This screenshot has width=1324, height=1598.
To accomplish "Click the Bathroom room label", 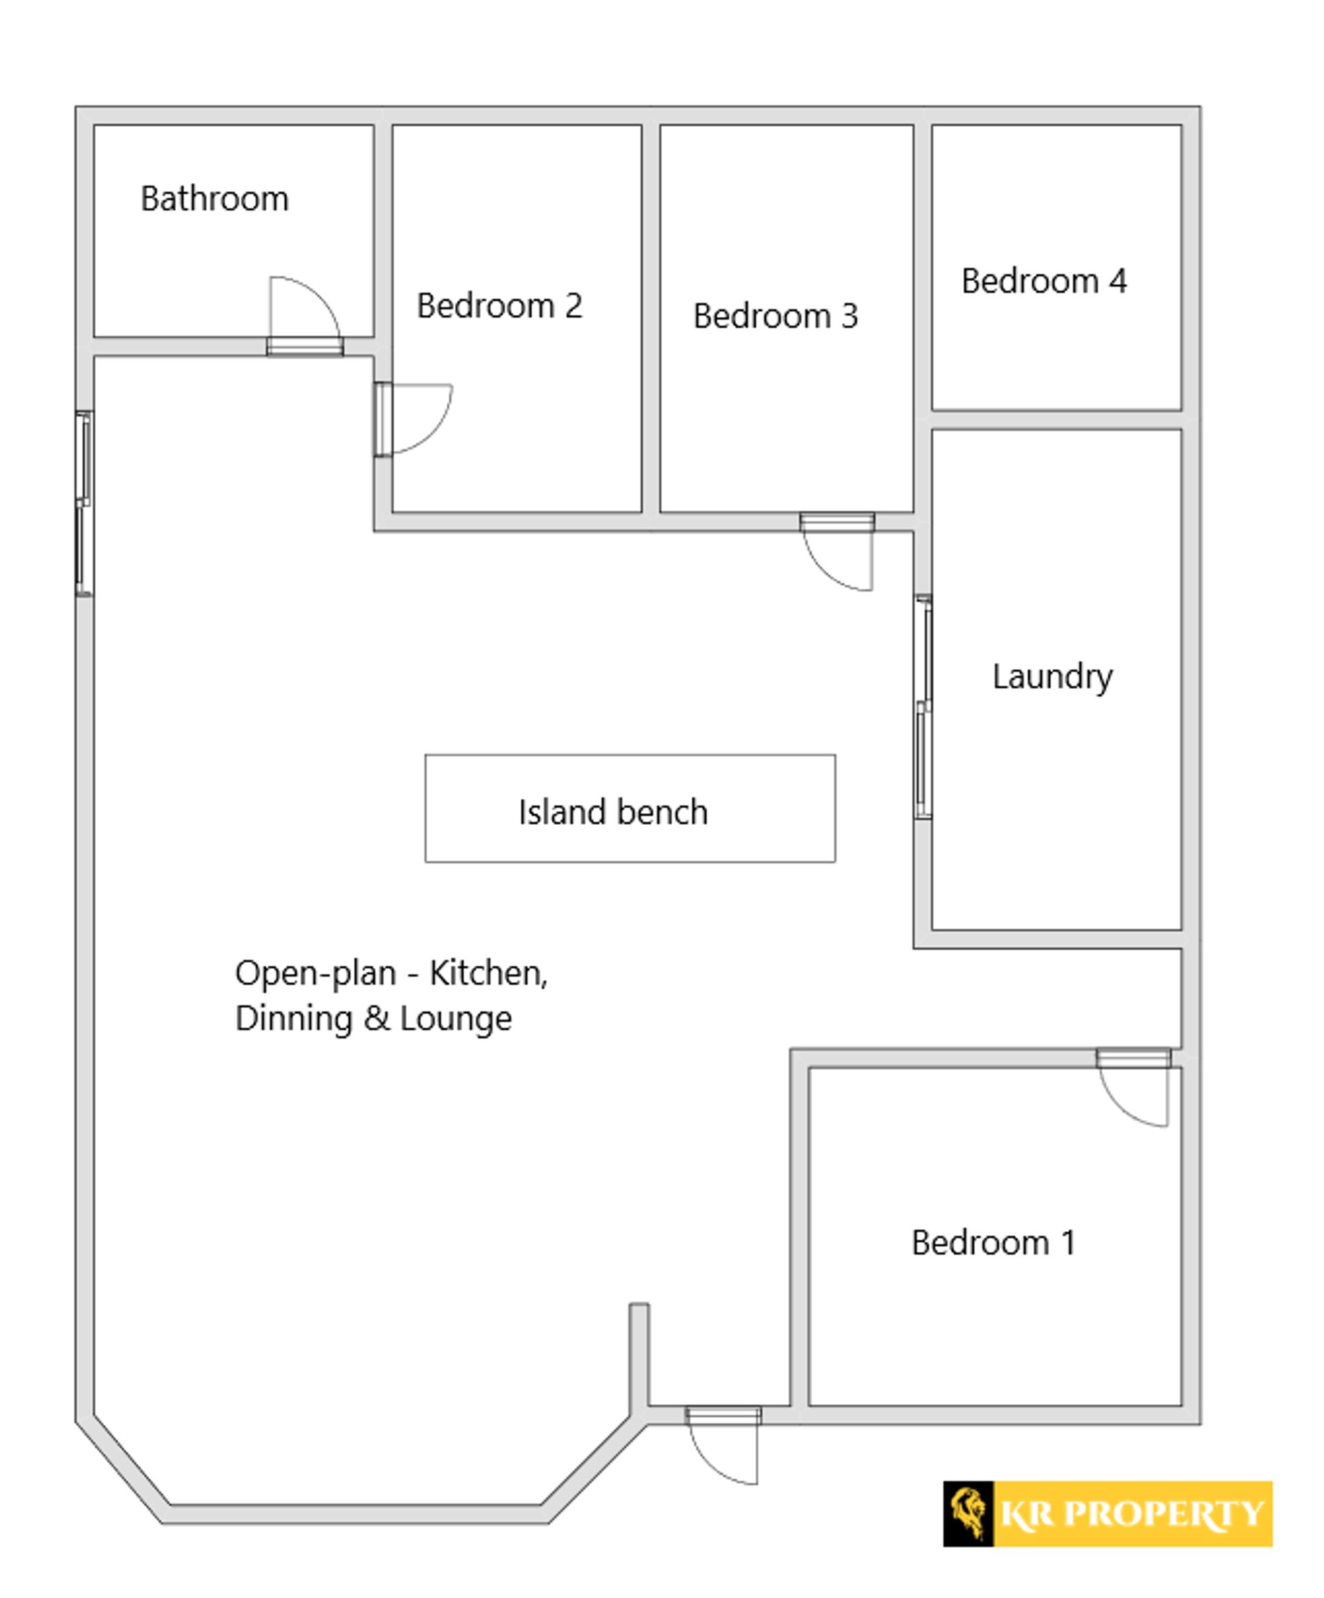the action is click(214, 199).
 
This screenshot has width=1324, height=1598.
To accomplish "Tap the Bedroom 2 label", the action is click(499, 306).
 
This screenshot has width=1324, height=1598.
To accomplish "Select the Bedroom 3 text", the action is click(775, 317).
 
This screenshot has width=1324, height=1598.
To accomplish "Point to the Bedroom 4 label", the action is click(1044, 281).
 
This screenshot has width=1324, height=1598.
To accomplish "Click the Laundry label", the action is click(1052, 677).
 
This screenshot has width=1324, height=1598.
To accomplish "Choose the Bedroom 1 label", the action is click(994, 1244).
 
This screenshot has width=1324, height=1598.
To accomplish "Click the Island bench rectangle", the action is click(630, 808).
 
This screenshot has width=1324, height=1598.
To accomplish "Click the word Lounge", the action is click(456, 1019).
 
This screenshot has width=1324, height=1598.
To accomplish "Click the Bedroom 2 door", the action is click(412, 419).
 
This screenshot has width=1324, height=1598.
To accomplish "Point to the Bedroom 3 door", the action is click(837, 552).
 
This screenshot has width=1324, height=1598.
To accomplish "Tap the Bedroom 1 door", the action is click(1133, 1088).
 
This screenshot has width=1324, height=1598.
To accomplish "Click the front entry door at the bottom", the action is click(722, 1446).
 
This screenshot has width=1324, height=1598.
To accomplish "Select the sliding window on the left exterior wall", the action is click(83, 503).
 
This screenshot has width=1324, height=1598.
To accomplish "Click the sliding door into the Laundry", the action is click(922, 707).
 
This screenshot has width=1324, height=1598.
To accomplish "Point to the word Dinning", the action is click(294, 1019).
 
